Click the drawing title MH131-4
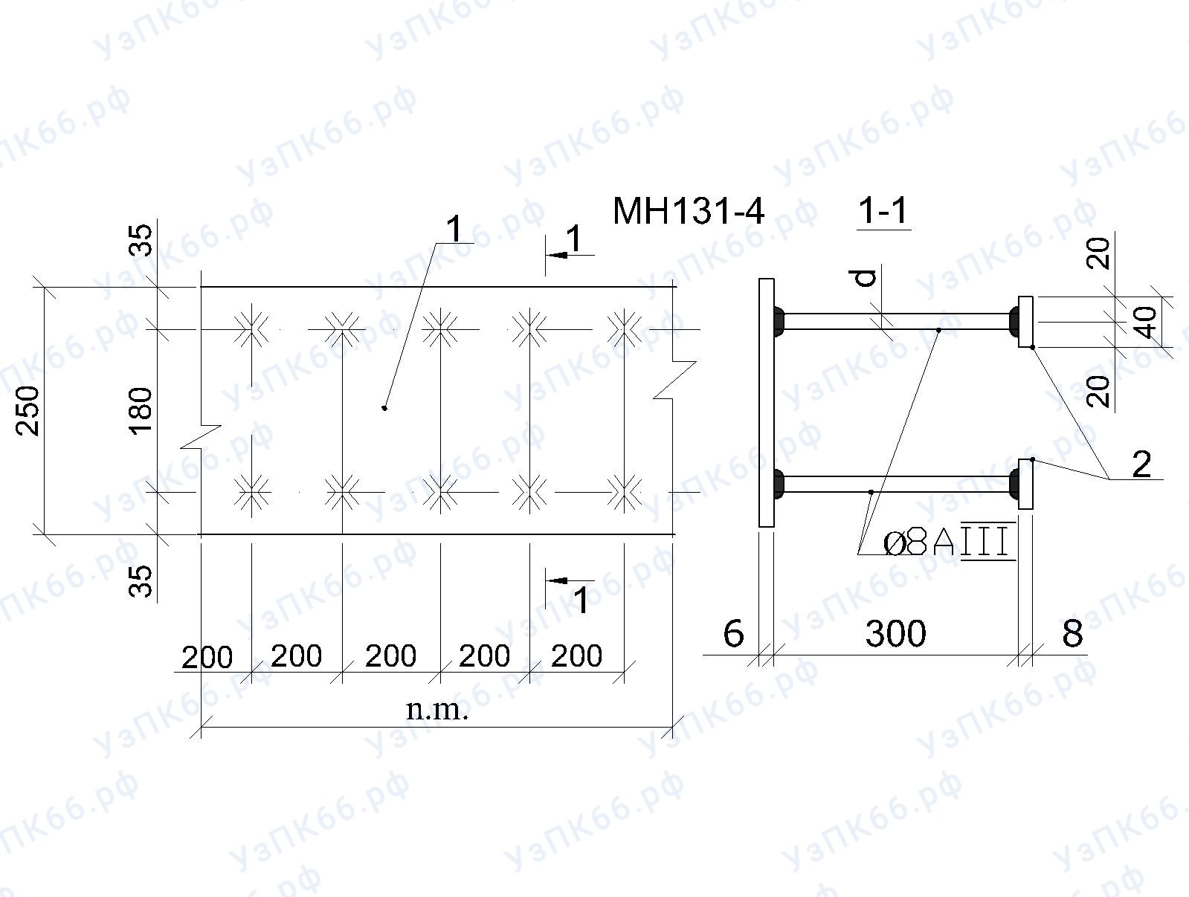[x=689, y=211]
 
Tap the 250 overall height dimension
[x=28, y=411]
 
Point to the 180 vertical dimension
[x=141, y=411]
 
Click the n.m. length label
[x=437, y=709]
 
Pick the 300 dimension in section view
[x=895, y=633]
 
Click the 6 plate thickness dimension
[x=733, y=633]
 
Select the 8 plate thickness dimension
[x=1072, y=633]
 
